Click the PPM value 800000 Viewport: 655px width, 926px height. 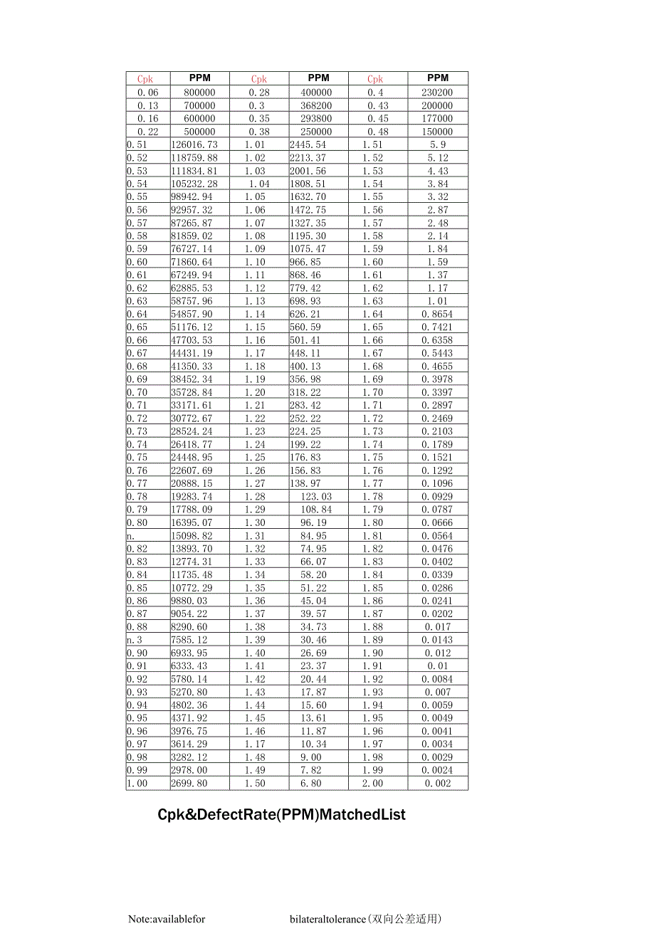click(200, 93)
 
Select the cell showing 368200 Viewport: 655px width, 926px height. click(317, 105)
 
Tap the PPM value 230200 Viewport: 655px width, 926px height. click(437, 93)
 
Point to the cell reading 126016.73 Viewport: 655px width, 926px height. click(194, 144)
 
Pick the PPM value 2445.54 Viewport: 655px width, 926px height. click(308, 144)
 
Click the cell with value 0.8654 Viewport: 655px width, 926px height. click(436, 314)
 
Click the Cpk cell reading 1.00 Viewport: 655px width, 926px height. click(137, 783)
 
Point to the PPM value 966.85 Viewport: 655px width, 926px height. click(305, 262)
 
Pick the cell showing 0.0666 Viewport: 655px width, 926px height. click(436, 522)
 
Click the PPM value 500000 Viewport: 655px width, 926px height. click(200, 132)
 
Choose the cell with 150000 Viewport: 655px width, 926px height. click(437, 132)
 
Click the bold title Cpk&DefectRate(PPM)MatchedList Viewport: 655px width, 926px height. click(281, 814)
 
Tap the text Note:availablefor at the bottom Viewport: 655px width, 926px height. click(167, 919)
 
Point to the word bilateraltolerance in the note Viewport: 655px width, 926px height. click(327, 919)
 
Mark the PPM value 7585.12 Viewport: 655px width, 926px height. click(189, 640)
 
